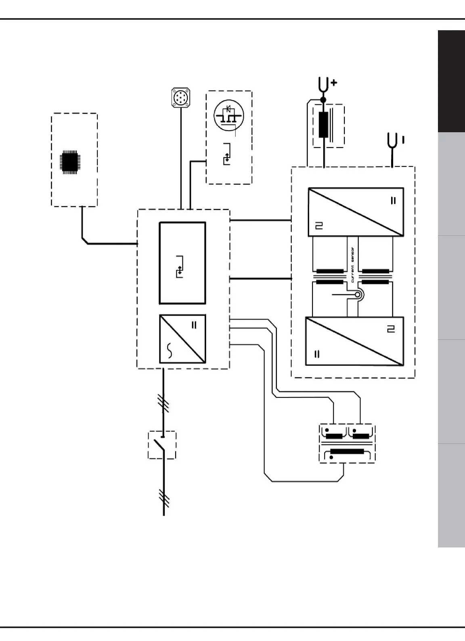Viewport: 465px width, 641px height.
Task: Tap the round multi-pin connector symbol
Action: pyautogui.click(x=180, y=99)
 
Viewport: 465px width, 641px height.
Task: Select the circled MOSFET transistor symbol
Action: pyautogui.click(x=229, y=115)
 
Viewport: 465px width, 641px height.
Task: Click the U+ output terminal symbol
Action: pyautogui.click(x=323, y=85)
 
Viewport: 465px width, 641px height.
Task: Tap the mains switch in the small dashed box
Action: pyautogui.click(x=162, y=445)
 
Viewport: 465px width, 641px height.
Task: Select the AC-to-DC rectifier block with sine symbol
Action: pyautogui.click(x=182, y=339)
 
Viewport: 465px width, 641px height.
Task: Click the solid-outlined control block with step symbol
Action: pyautogui.click(x=182, y=262)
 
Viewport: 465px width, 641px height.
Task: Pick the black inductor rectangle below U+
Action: pyautogui.click(x=324, y=125)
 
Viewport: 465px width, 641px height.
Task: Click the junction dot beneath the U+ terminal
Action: pyautogui.click(x=323, y=99)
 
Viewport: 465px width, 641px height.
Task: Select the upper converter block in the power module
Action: pyautogui.click(x=356, y=212)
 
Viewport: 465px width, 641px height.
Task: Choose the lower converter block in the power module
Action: pyautogui.click(x=354, y=341)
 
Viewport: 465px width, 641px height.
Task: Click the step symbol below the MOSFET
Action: pyautogui.click(x=228, y=155)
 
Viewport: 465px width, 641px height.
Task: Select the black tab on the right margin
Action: pyautogui.click(x=451, y=81)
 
